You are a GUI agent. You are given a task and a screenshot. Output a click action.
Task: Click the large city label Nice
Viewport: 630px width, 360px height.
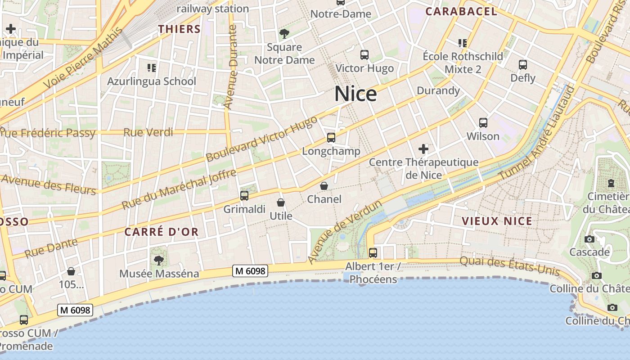(355, 94)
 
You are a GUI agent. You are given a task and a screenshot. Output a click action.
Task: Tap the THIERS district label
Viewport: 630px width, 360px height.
(179, 29)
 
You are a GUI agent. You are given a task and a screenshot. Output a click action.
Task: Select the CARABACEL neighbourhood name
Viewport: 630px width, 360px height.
(461, 12)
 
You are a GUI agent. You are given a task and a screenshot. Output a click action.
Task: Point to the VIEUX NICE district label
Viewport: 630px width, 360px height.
(497, 221)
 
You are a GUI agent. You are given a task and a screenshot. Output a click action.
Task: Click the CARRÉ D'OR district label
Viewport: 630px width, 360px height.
(161, 232)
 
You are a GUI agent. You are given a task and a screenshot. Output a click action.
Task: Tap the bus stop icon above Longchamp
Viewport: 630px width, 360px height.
(331, 138)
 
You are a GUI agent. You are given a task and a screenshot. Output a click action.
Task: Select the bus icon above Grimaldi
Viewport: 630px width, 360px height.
(244, 196)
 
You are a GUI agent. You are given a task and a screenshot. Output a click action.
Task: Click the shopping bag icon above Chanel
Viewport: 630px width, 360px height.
(324, 186)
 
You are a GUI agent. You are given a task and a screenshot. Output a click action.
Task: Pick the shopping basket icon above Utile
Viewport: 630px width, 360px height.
(281, 203)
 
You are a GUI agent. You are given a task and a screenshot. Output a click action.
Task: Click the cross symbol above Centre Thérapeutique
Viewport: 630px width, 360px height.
(423, 149)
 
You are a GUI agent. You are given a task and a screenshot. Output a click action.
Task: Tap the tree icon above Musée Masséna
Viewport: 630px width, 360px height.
(158, 260)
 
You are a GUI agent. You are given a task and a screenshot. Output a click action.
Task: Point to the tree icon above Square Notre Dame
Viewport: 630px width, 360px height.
(284, 33)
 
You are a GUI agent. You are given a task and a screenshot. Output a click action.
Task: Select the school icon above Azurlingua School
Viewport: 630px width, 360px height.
(152, 68)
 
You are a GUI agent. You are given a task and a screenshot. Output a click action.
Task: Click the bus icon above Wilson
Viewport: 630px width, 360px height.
(483, 122)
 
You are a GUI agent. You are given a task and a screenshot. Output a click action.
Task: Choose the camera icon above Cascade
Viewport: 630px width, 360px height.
(589, 239)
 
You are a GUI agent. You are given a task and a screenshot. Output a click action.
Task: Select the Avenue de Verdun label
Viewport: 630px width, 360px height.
(345, 232)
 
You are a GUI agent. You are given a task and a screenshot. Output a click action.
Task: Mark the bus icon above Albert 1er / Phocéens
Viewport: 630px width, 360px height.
(373, 253)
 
